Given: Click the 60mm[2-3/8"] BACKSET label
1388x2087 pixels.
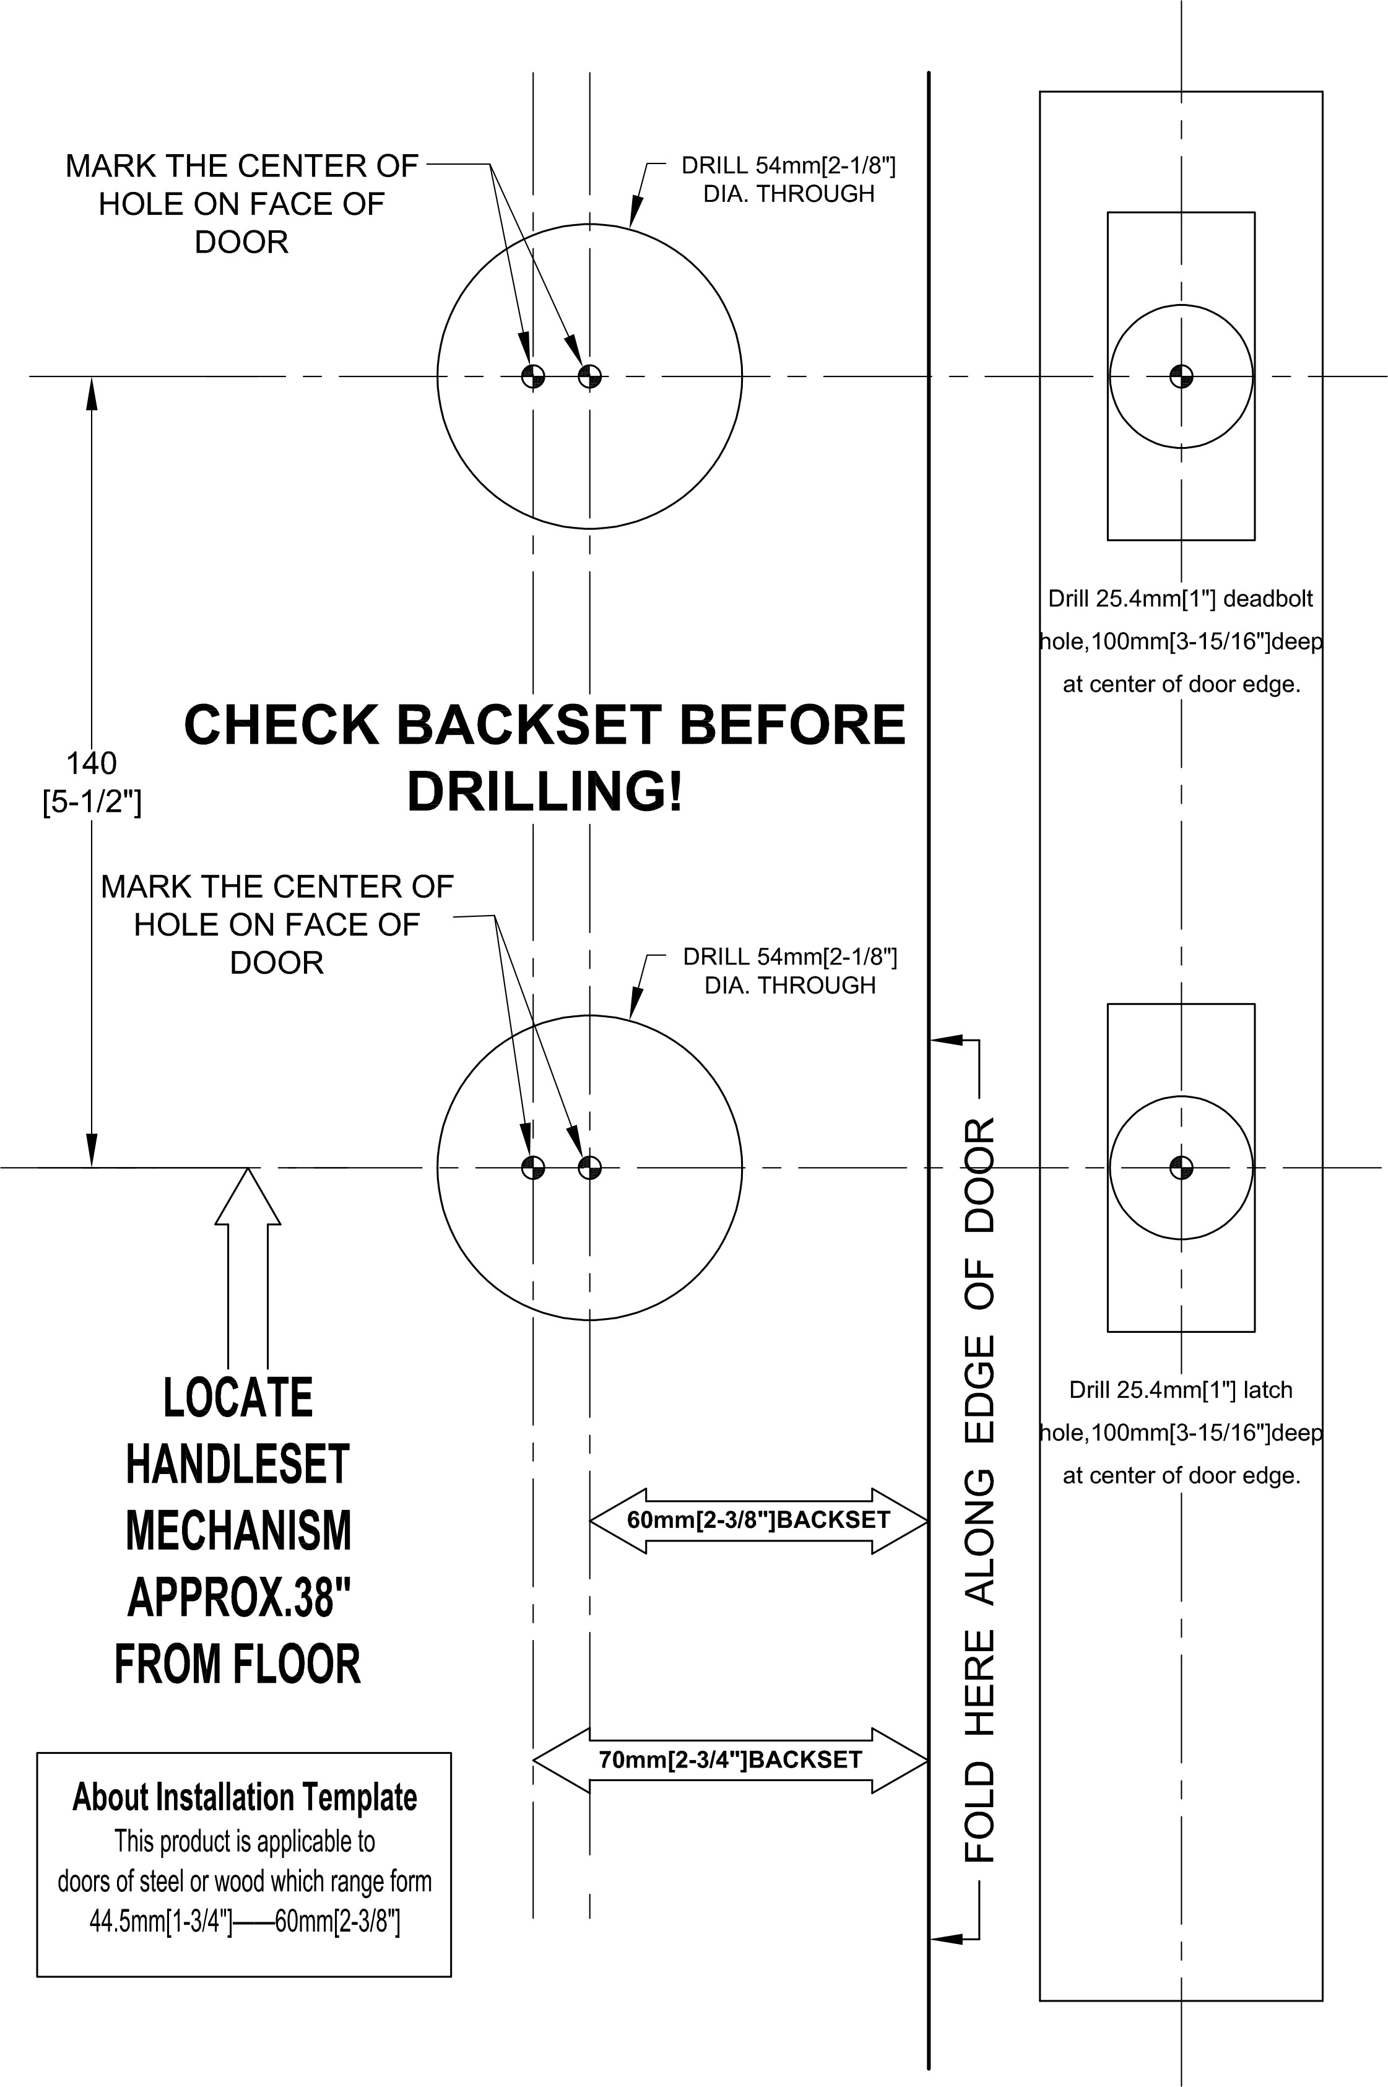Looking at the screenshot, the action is point(758,1520).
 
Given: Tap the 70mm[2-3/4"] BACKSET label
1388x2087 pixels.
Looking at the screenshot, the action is point(731,1759).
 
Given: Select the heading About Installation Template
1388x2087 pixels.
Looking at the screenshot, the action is point(245,1797).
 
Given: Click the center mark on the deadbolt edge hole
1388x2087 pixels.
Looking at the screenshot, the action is point(1181,376).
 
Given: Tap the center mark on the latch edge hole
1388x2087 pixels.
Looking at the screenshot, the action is point(1181,1168).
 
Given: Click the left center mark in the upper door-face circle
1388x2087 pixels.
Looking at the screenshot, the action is point(533,376).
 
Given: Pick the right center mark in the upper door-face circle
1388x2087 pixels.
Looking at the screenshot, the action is point(589,376).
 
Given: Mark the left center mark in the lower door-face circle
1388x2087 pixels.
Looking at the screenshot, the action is point(533,1168).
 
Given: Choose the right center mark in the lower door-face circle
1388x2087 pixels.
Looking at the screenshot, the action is point(589,1168).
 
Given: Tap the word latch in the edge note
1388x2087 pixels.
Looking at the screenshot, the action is point(1268,1391).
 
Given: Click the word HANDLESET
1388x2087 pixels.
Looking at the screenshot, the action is point(238,1464).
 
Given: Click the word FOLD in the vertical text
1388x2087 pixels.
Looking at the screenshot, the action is point(980,1810).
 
